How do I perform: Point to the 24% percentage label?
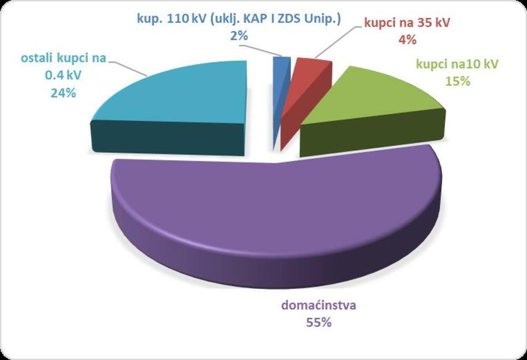click(x=64, y=93)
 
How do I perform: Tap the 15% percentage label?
click(x=457, y=81)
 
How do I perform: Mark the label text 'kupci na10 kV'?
click(x=457, y=64)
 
